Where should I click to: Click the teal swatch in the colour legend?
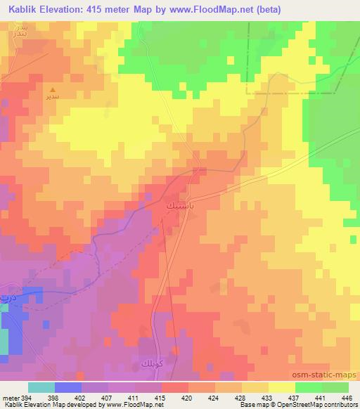tap(41, 387)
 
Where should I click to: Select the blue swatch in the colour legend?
tap(67, 387)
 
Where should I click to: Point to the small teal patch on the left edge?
tap(4, 341)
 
